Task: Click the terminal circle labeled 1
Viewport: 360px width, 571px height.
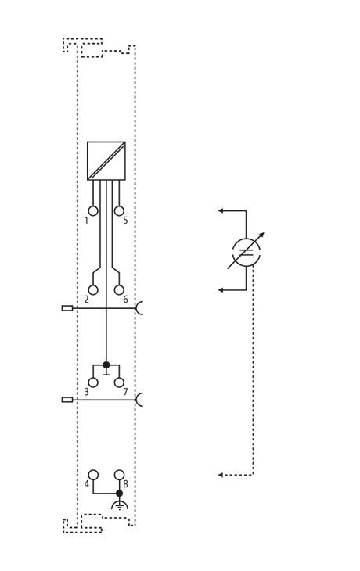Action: pos(93,211)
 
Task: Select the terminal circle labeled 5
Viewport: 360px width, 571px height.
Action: pos(119,211)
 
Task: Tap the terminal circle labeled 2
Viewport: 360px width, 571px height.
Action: pos(93,290)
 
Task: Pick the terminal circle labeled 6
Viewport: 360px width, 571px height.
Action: pos(119,290)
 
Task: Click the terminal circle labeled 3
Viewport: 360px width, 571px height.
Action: pos(93,382)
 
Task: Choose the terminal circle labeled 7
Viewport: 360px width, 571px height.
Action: pos(119,382)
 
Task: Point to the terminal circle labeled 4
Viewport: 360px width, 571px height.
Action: pos(93,475)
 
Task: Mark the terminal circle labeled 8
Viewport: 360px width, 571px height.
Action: pos(119,475)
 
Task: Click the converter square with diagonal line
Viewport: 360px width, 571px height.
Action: pos(106,160)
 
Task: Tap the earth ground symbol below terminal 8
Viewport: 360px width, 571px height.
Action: pos(119,505)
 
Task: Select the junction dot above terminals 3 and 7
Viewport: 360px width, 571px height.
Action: pos(106,365)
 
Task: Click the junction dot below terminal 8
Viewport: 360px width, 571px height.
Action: pos(119,494)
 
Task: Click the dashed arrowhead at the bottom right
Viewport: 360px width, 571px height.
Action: pos(221,475)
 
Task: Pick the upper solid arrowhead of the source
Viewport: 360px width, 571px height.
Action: pos(221,210)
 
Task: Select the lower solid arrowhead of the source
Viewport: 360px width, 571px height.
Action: pos(221,290)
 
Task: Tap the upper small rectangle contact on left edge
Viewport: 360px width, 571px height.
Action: pos(67,308)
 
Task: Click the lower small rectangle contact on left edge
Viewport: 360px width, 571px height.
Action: pos(67,400)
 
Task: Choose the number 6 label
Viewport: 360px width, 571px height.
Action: pos(125,300)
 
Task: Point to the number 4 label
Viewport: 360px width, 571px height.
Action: pos(86,484)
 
